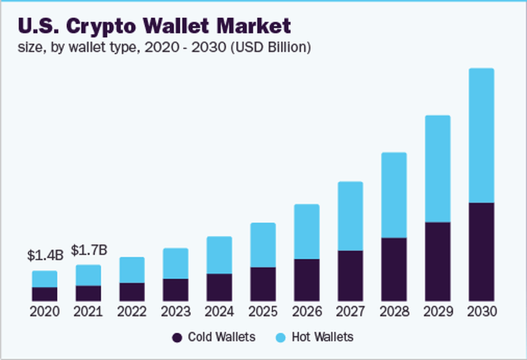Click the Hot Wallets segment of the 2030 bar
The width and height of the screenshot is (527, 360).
[x=481, y=135]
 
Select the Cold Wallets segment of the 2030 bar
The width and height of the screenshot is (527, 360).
[x=481, y=252]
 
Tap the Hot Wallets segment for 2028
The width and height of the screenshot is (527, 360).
[x=394, y=195]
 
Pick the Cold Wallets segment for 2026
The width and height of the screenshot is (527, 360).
[x=306, y=279]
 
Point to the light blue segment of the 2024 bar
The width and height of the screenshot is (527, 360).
[x=219, y=255]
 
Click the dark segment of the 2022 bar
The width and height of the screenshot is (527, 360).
[x=131, y=291]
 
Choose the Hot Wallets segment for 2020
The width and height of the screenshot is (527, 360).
[x=45, y=279]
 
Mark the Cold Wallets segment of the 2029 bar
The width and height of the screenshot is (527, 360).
[x=438, y=261]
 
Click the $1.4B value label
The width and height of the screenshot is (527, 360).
[x=45, y=255]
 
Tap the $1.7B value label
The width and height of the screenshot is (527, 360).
[x=89, y=250]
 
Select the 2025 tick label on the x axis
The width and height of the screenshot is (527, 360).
[x=263, y=311]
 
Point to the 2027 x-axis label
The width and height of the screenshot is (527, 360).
[x=350, y=311]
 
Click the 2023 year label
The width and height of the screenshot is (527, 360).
[x=175, y=311]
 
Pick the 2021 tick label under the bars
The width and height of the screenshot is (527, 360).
[x=88, y=311]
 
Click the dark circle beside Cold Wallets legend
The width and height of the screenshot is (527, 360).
[x=177, y=338]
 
